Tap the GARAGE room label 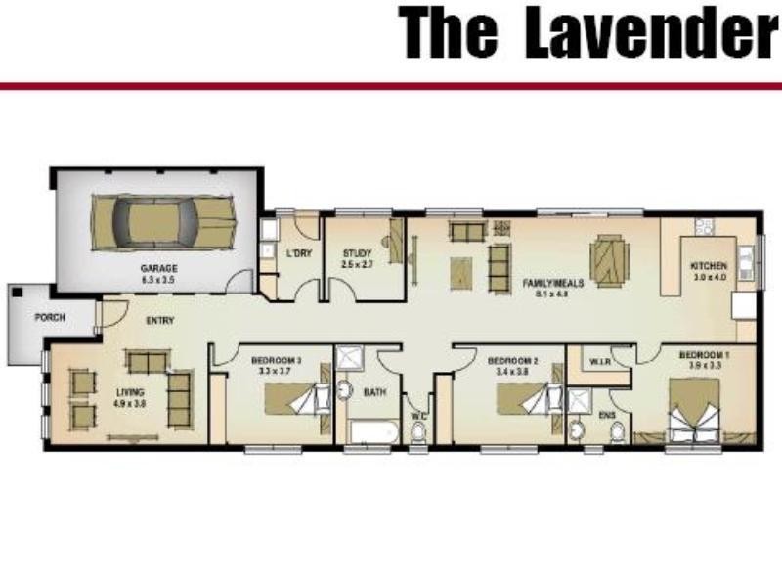[x=157, y=268]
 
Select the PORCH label [x=50, y=318]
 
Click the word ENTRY [x=160, y=321]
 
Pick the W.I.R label [x=599, y=362]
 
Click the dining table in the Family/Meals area [x=610, y=257]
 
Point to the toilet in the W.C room [x=418, y=431]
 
